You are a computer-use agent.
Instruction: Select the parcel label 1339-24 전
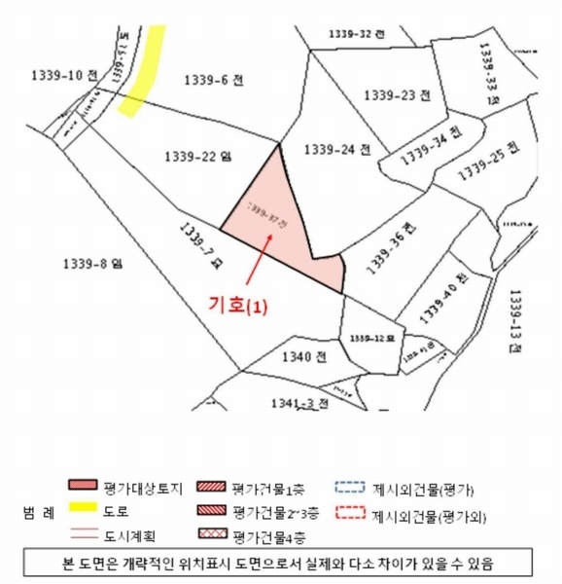[337, 150]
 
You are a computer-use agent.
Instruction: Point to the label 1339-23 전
[396, 94]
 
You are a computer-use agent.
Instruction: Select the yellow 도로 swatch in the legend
[85, 509]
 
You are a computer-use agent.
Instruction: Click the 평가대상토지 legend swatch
[85, 486]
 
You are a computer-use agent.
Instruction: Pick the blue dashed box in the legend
[349, 486]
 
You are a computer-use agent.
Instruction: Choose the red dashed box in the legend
[349, 510]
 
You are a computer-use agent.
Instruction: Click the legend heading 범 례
[34, 510]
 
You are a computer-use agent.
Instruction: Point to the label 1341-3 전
[299, 402]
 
